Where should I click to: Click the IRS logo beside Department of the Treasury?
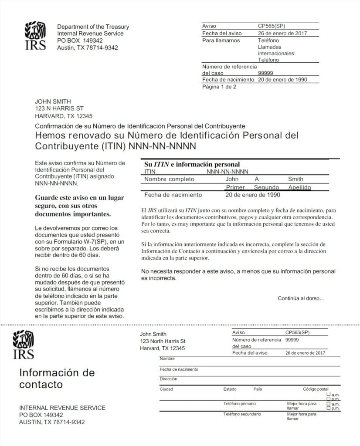click(35, 36)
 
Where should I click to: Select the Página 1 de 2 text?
click(219, 87)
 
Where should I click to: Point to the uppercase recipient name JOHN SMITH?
click(53, 101)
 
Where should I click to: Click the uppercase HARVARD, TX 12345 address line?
click(64, 116)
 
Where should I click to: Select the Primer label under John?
click(235, 187)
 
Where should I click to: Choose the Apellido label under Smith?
click(300, 187)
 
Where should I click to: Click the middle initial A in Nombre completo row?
click(257, 179)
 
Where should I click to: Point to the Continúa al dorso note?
click(301, 298)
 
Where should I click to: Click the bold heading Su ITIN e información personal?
click(192, 164)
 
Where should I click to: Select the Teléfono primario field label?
click(240, 404)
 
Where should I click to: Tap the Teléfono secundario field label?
click(242, 414)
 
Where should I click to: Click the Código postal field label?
click(316, 389)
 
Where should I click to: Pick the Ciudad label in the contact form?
click(166, 389)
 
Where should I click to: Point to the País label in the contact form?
click(258, 389)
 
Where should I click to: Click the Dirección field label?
click(168, 379)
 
